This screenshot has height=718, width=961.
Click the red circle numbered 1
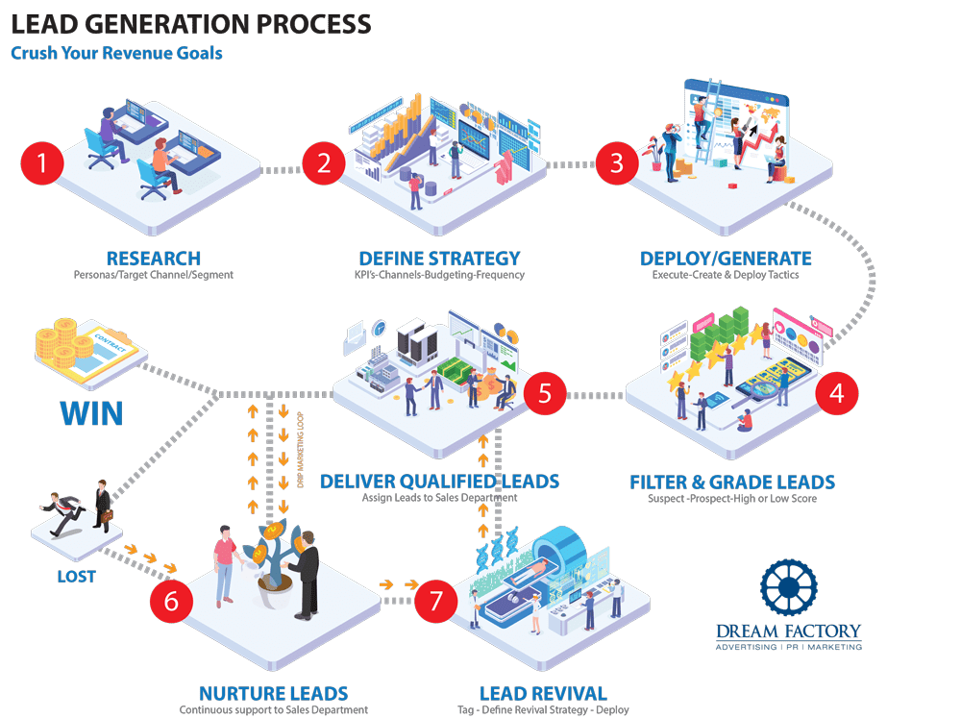(41, 162)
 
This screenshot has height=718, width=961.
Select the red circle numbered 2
(324, 162)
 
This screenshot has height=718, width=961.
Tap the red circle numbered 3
(616, 162)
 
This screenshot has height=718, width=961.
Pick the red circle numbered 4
(836, 393)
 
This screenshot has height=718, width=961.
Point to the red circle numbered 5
(545, 393)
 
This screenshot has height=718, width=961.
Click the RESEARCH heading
(154, 259)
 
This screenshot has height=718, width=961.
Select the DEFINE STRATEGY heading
(439, 259)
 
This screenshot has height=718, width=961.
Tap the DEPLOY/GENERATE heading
(726, 259)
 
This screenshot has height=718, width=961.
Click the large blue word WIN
(91, 413)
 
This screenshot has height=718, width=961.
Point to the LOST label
(76, 577)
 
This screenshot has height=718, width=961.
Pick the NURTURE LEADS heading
(273, 693)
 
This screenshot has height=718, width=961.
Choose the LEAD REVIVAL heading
(543, 693)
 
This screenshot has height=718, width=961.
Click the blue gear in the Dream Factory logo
(788, 588)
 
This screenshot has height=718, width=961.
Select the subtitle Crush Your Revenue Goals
(116, 53)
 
